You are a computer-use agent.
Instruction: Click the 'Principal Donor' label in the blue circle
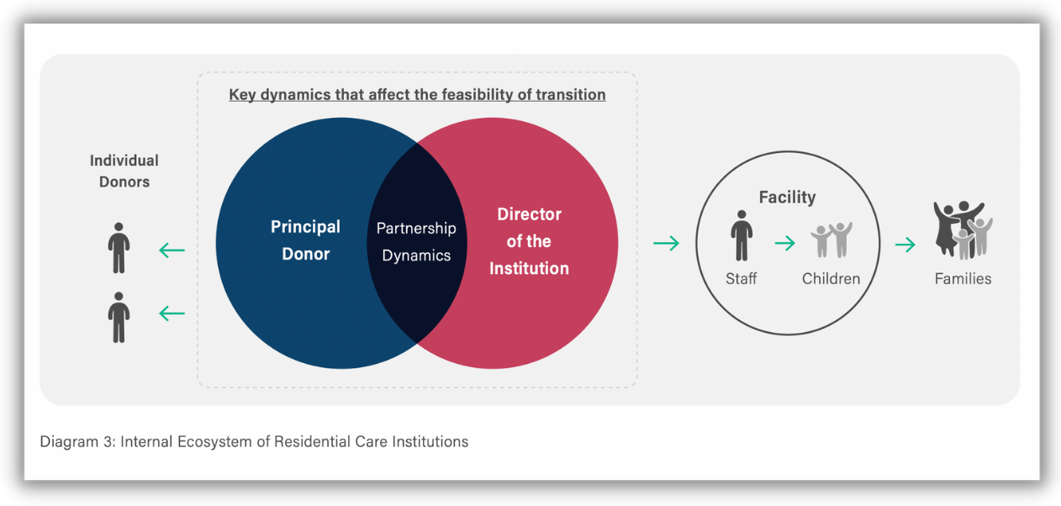305,240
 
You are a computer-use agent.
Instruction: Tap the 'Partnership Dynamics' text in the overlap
416,242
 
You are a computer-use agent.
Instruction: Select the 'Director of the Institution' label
529,241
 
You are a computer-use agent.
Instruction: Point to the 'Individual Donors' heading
124,171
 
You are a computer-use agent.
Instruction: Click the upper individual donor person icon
119,248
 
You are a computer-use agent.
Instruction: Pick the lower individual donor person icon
119,318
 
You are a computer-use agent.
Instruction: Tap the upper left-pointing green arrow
172,250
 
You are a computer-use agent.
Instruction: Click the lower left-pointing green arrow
172,314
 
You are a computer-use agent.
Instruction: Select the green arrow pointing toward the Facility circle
667,243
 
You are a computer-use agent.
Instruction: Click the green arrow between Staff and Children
785,243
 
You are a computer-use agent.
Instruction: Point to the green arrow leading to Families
905,245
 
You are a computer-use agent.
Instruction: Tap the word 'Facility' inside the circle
787,197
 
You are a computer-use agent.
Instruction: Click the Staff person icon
742,235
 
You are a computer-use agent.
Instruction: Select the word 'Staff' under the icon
742,278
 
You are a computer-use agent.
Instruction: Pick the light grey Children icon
831,240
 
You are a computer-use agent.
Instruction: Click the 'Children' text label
831,278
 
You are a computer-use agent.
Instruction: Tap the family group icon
963,230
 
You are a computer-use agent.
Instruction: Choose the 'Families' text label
963,278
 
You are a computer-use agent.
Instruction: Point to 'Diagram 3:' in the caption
77,441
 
